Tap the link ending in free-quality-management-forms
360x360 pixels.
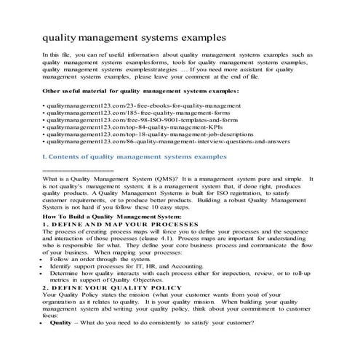[x=128, y=116]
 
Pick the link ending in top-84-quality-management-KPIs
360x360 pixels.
[x=123, y=134]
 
